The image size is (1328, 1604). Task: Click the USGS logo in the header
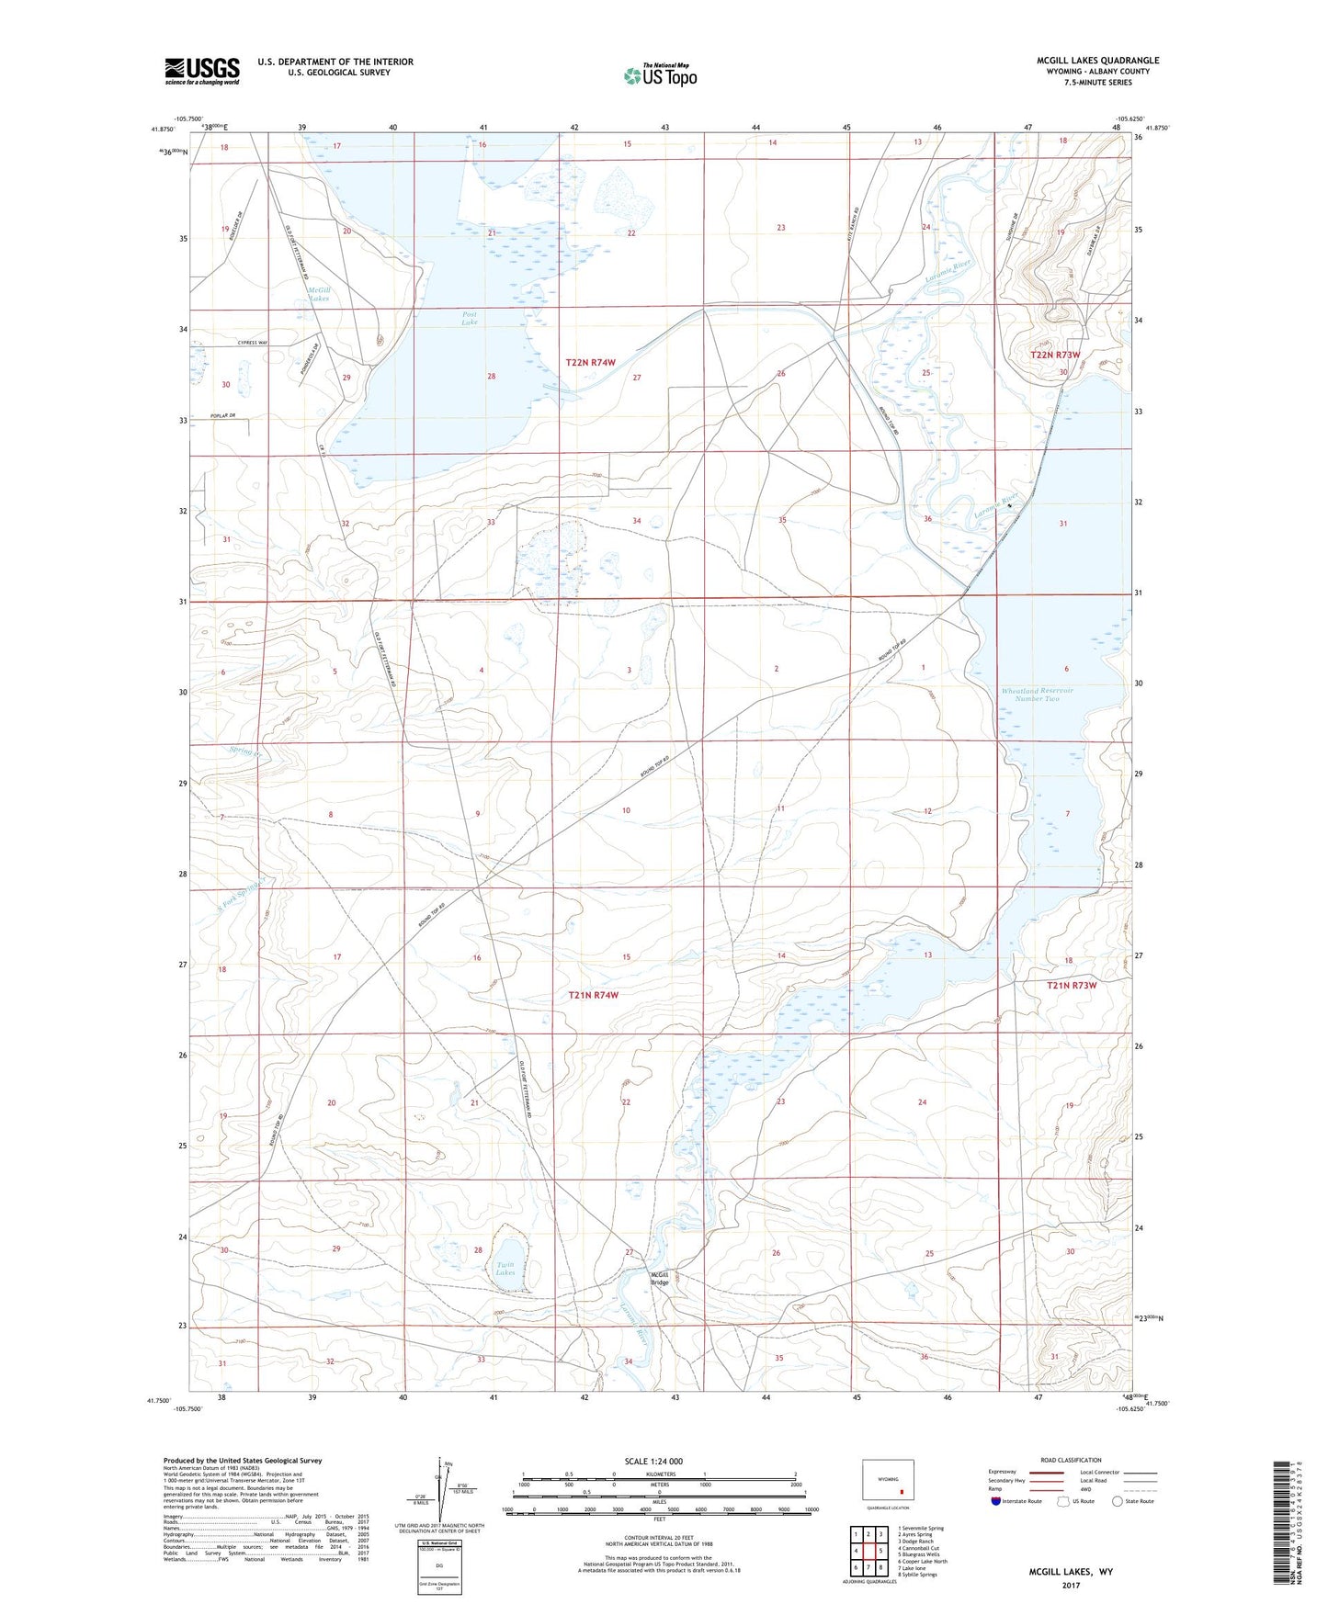pos(201,71)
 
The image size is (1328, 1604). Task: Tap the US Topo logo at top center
pos(660,75)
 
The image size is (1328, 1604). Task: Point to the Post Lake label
pos(470,318)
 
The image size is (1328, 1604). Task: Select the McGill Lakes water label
pos(318,294)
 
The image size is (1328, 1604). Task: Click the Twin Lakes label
pos(505,1269)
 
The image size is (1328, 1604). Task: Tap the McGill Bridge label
pos(659,1278)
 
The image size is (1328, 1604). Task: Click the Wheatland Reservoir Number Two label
pos(1037,695)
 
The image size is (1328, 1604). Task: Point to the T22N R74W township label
pos(590,363)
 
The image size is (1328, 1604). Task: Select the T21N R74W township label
pos(593,995)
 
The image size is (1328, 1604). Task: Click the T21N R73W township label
pos(1072,985)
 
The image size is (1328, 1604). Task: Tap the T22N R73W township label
pos(1054,355)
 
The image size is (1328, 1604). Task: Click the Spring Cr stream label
pos(245,751)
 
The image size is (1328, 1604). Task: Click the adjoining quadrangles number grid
pos(868,1553)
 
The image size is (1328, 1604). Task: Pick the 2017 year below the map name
pos(1071,1585)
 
